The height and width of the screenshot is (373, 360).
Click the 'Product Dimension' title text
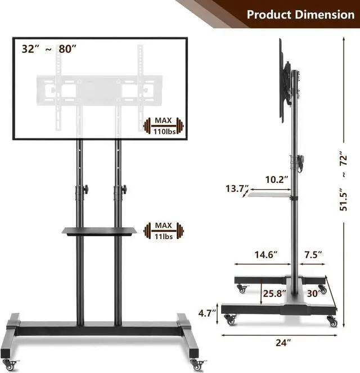[300, 15]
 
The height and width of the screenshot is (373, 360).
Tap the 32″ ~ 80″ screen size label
[49, 49]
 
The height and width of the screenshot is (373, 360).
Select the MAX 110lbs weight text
[164, 126]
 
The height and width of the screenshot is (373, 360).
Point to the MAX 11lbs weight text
[164, 231]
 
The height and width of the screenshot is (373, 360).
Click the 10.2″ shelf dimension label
[277, 179]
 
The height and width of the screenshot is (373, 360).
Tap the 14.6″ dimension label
[266, 255]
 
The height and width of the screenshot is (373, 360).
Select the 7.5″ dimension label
[313, 255]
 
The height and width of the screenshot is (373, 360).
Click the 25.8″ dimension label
[274, 294]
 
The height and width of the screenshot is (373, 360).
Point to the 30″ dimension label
[313, 294]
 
